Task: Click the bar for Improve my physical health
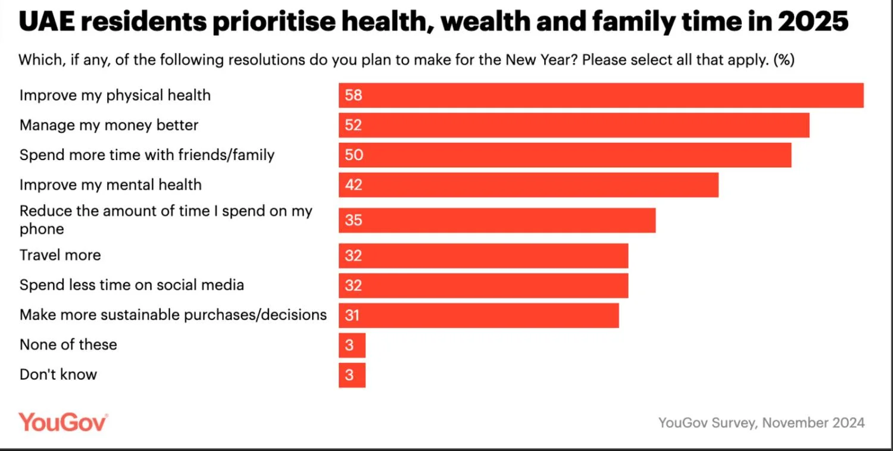coord(601,95)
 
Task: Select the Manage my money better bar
coord(574,125)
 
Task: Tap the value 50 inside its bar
coord(354,155)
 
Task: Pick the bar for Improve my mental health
coord(528,185)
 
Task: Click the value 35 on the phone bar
coord(354,220)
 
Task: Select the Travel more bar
coord(483,256)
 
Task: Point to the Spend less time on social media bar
coord(483,286)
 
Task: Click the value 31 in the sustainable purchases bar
coord(352,315)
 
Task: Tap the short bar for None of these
coord(352,345)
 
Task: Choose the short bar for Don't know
coord(352,375)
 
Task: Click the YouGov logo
coord(63,422)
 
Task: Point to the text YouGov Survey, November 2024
coord(761,423)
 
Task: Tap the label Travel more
coord(60,255)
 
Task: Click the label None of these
coord(68,344)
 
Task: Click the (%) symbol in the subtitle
coord(784,60)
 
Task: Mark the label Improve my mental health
coord(110,185)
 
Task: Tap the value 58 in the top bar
coord(354,95)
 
